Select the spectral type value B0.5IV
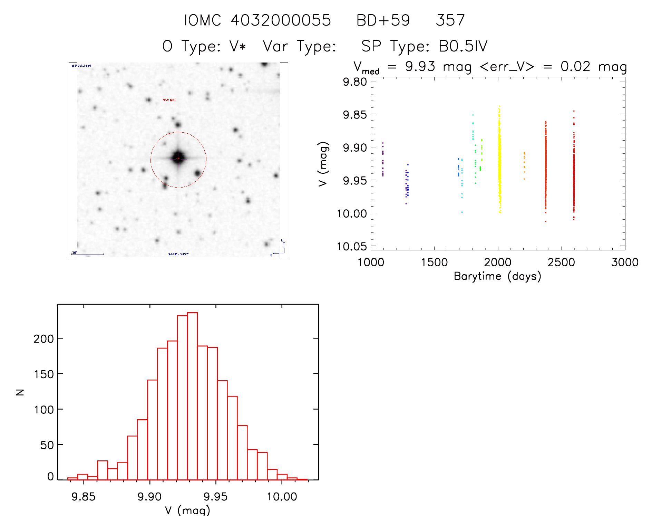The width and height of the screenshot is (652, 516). point(463,46)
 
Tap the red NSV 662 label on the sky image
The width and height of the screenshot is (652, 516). point(169,100)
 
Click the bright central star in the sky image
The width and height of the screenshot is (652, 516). point(178,158)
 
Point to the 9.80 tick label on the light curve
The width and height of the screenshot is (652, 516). point(354,82)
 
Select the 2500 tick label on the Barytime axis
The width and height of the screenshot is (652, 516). point(561,262)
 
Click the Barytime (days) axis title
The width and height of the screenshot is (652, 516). point(497,276)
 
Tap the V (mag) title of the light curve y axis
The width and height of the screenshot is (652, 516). point(323,164)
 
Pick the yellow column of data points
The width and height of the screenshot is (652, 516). point(499,159)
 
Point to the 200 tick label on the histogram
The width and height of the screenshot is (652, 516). point(44,339)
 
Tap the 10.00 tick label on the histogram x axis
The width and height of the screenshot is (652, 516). point(282,497)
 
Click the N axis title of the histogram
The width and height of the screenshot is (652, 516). point(20,392)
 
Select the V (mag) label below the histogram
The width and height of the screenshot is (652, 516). point(187,510)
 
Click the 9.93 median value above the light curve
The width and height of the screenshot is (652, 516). point(420,66)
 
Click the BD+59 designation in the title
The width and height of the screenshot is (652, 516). point(383,20)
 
